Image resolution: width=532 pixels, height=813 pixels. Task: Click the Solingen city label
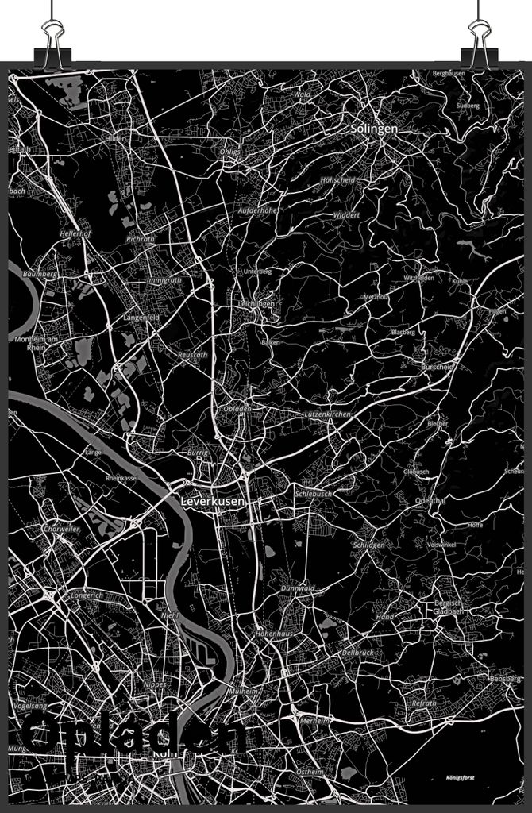point(375,128)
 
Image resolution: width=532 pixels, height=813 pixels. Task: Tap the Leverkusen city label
point(213,502)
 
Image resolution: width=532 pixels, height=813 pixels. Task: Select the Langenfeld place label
point(141,318)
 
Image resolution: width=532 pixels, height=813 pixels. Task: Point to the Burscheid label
point(437,368)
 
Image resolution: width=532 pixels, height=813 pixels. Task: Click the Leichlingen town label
point(256,304)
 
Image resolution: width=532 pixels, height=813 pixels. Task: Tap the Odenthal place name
point(430,500)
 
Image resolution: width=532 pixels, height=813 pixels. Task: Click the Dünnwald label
point(298,588)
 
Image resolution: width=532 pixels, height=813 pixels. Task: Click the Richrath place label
point(141,238)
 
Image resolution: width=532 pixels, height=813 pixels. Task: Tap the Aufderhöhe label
point(257,210)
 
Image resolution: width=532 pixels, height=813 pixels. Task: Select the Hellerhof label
point(74,234)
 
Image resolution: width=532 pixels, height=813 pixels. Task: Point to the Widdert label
point(347,215)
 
